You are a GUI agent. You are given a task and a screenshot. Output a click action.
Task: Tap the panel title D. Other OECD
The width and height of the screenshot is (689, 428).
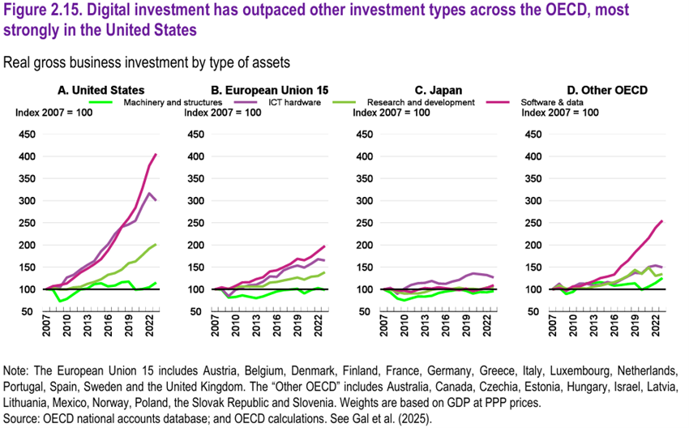pyautogui.click(x=602, y=89)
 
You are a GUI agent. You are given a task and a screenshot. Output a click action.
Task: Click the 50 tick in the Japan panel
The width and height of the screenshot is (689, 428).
pyautogui.click(x=366, y=312)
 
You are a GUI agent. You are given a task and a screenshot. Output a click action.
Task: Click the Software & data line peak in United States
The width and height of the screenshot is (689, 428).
pyautogui.click(x=156, y=154)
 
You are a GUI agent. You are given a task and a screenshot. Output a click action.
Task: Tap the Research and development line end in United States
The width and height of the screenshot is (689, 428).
pyautogui.click(x=156, y=244)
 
